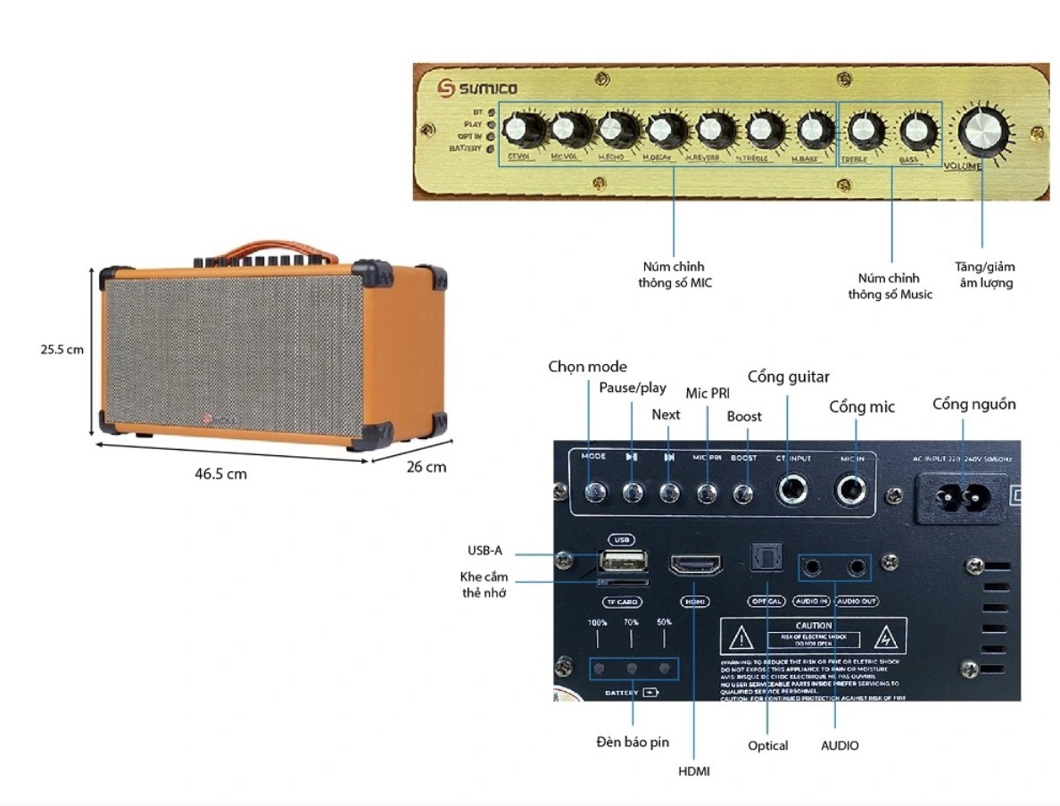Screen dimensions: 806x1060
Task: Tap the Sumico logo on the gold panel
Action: tap(477, 87)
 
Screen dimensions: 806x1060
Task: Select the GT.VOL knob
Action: tap(518, 131)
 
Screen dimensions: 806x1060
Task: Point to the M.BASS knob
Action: tap(810, 131)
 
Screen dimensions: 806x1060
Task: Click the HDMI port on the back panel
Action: tap(695, 566)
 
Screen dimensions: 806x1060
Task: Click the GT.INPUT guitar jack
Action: tap(792, 490)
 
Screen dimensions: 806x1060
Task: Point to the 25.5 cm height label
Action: tap(62, 350)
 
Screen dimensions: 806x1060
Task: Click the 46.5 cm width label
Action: tap(220, 474)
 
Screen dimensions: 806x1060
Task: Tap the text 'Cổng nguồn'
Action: tap(973, 404)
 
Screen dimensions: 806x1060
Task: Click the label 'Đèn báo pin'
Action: tap(633, 743)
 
